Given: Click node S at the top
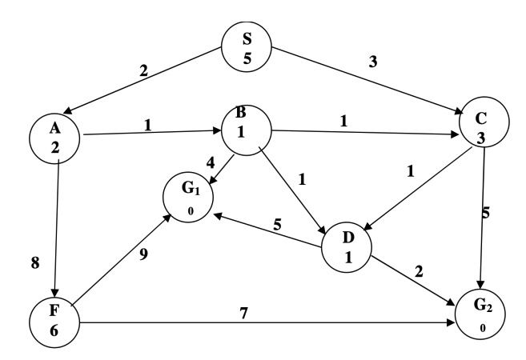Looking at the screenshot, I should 247,48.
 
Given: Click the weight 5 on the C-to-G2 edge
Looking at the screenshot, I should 484,214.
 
